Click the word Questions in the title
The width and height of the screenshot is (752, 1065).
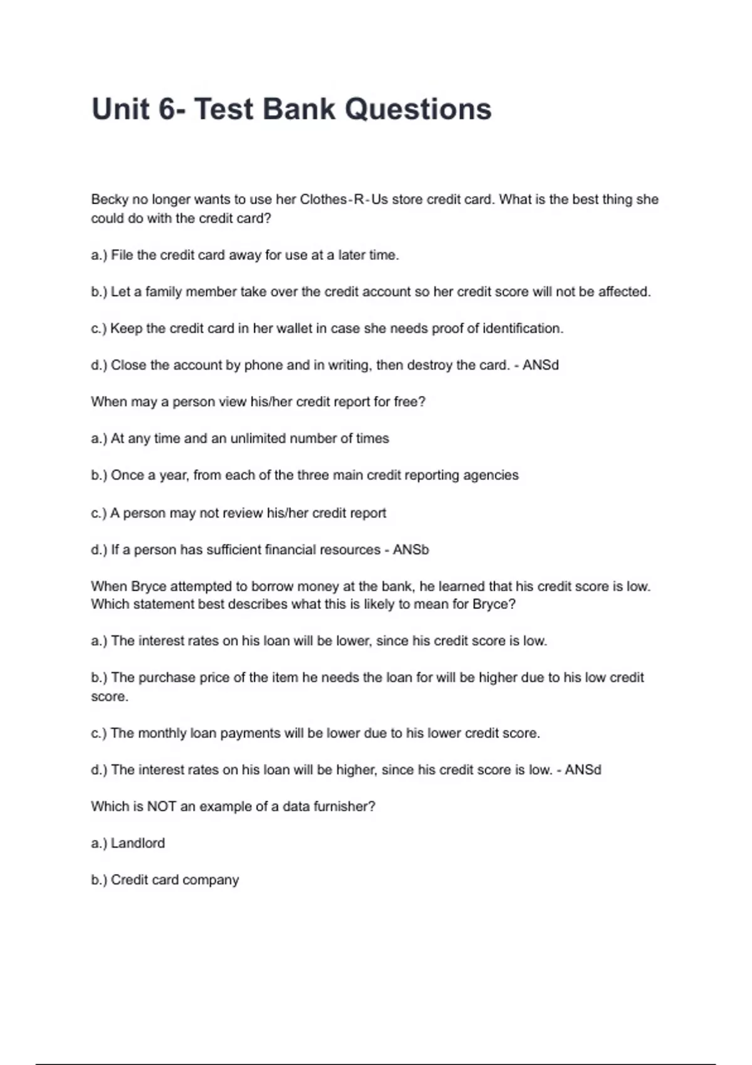point(418,109)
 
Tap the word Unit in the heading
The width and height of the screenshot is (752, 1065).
point(121,109)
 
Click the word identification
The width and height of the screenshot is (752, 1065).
point(523,328)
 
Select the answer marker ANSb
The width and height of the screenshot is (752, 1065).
point(411,550)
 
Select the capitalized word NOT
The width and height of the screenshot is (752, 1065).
point(162,807)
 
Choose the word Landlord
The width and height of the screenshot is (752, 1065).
point(138,843)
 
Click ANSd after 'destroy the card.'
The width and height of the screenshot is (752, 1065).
point(540,365)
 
